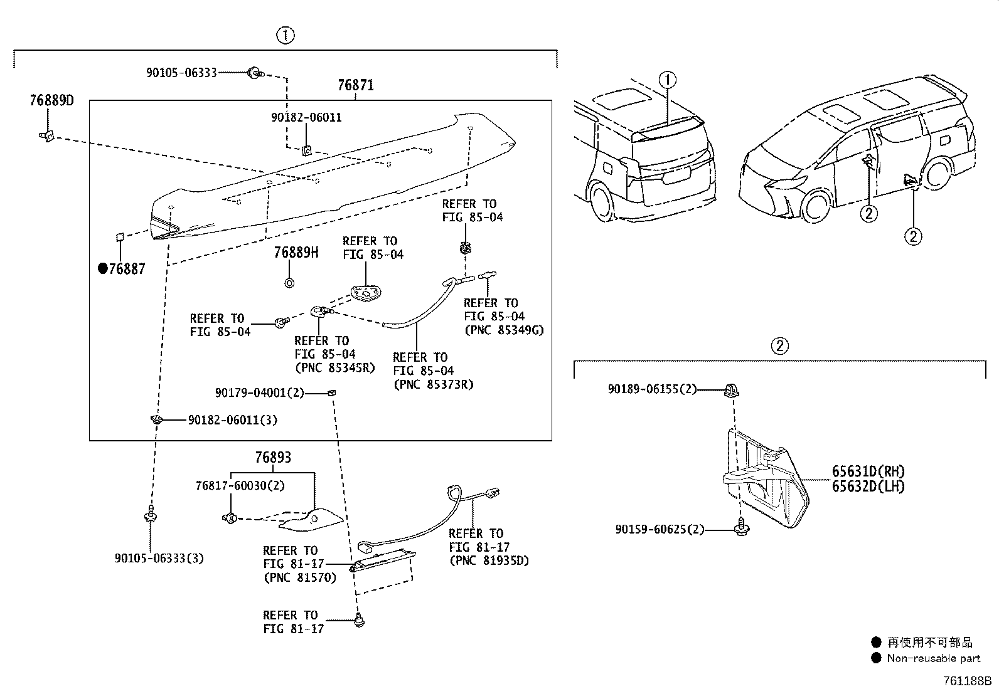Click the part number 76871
pyautogui.click(x=355, y=85)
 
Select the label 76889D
pyautogui.click(x=51, y=100)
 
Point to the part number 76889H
pyautogui.click(x=296, y=253)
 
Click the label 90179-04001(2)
pyautogui.click(x=259, y=393)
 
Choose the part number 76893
pyautogui.click(x=273, y=458)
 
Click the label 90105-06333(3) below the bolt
pyautogui.click(x=159, y=558)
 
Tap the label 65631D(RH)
pyautogui.click(x=868, y=471)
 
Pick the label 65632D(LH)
pyautogui.click(x=868, y=487)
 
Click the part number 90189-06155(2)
pyautogui.click(x=652, y=389)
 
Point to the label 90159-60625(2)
pyautogui.click(x=660, y=530)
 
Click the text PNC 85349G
pyautogui.click(x=503, y=330)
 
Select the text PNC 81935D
pyautogui.click(x=489, y=561)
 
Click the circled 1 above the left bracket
pyautogui.click(x=286, y=36)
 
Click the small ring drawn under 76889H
pyautogui.click(x=289, y=283)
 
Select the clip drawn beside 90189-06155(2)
pyautogui.click(x=732, y=391)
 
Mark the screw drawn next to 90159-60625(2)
pyautogui.click(x=741, y=529)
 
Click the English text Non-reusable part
pyautogui.click(x=933, y=658)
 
